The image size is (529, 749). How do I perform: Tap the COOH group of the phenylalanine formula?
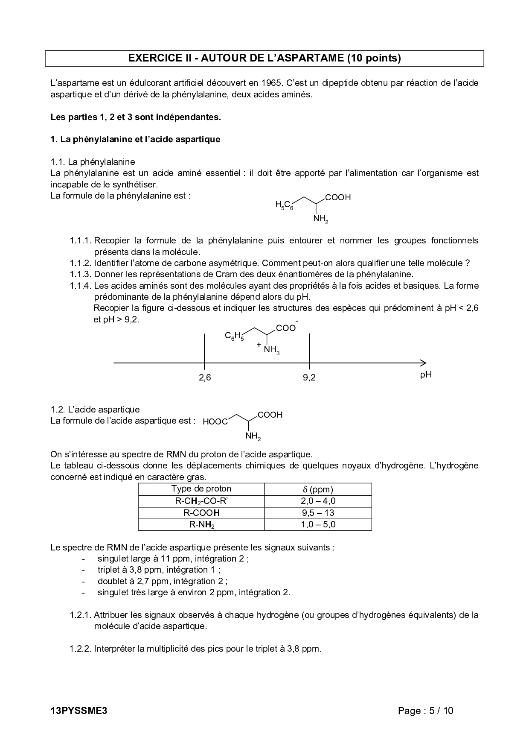pos(337,198)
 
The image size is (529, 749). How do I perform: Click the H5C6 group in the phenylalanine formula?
pos(284,205)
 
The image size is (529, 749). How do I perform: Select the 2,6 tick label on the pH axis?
pos(205,377)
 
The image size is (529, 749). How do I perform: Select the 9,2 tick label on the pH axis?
pos(309,377)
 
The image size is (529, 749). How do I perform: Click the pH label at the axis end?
pos(426,375)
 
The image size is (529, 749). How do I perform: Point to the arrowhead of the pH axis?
pos(423,363)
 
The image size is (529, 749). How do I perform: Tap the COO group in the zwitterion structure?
pos(286,328)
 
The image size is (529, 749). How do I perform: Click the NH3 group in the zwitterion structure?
pos(271,350)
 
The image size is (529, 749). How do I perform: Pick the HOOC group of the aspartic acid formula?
pos(215,422)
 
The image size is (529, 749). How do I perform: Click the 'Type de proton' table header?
pos(201,489)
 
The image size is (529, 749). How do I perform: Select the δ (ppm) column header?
pos(318,489)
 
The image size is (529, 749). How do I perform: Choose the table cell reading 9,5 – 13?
pos(318,513)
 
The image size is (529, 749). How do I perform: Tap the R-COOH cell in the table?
pos(201,513)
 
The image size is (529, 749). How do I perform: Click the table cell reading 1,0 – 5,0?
pos(318,524)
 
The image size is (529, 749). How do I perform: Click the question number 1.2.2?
pos(80,649)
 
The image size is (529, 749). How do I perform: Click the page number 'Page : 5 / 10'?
pos(425,711)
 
